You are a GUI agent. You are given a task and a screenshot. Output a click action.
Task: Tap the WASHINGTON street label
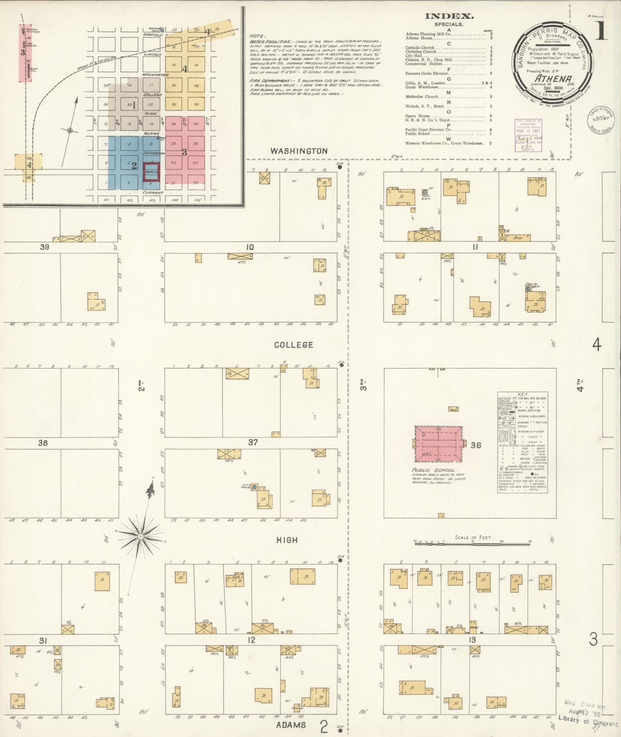point(299,151)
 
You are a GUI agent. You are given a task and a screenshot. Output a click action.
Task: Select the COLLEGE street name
point(294,345)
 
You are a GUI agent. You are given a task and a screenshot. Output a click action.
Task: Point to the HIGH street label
point(287,540)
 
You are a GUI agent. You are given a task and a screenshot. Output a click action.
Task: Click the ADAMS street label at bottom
point(291,725)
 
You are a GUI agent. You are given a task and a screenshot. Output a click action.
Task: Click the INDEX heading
point(449,16)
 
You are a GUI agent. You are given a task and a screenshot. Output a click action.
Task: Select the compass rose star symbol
point(141,536)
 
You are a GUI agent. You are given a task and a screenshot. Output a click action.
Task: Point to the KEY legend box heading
point(522,395)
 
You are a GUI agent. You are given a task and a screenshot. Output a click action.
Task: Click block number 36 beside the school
point(476,445)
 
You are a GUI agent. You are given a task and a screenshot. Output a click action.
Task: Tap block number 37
point(253,442)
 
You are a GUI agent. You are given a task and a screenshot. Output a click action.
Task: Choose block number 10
point(250,247)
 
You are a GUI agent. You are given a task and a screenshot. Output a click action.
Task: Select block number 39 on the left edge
point(45,247)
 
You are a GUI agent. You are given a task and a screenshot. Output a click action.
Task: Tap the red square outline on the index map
point(151,172)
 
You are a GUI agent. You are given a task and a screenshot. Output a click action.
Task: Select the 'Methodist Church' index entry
point(422,97)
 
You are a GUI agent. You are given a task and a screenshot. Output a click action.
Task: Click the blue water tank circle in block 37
point(254,487)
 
